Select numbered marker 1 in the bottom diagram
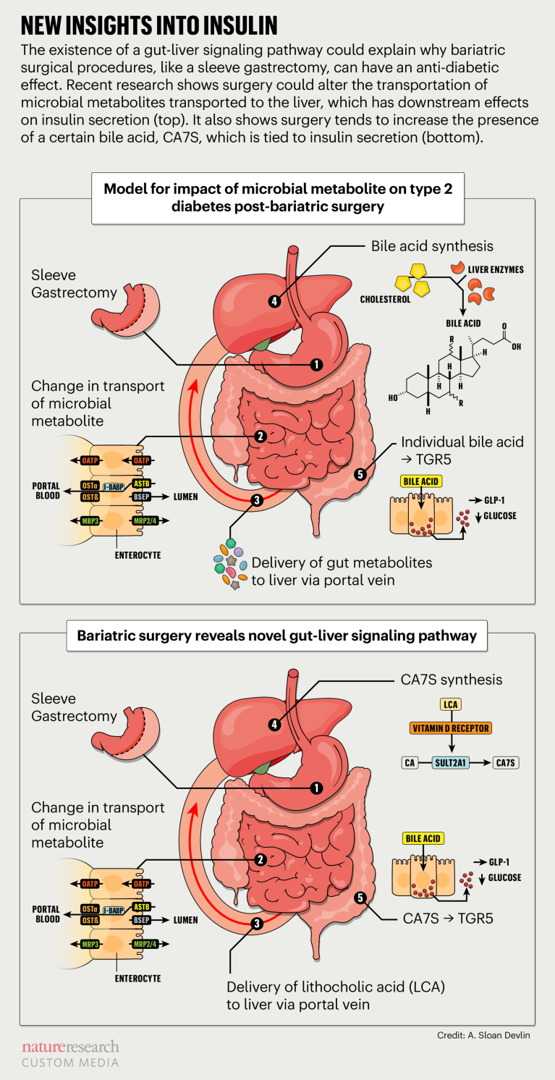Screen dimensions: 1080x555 pyautogui.click(x=315, y=787)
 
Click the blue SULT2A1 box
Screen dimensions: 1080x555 pyautogui.click(x=450, y=762)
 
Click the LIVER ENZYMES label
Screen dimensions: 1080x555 pyautogui.click(x=496, y=269)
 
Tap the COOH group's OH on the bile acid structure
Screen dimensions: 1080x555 pyautogui.click(x=515, y=347)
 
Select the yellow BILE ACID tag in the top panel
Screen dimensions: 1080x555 pyautogui.click(x=420, y=480)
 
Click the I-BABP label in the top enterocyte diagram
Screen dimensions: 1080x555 pyautogui.click(x=112, y=489)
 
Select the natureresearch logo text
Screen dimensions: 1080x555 pyautogui.click(x=69, y=1047)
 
